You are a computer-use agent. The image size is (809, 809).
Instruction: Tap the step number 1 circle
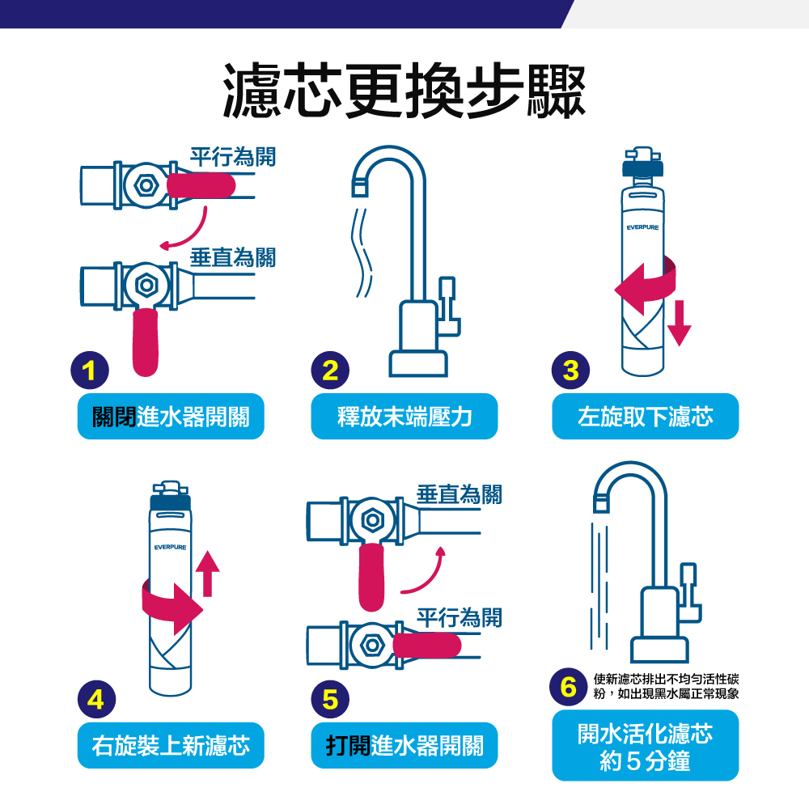point(91,371)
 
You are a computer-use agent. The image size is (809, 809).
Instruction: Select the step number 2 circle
point(330,371)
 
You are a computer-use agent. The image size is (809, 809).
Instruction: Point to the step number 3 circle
point(571,371)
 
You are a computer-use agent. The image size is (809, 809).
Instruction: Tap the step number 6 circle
point(569,688)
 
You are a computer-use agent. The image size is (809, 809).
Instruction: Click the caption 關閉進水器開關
point(171,417)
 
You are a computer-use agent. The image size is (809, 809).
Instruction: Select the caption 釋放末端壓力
point(404,417)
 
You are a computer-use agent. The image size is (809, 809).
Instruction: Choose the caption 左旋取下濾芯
point(645,417)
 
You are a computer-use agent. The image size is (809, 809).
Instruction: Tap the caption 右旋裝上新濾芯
point(171,745)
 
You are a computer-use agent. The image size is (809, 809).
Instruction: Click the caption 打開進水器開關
point(404,745)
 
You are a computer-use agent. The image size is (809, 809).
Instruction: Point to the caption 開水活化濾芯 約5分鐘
point(645,745)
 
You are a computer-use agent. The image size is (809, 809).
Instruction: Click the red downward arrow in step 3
point(680,322)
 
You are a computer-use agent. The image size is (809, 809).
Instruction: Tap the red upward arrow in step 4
point(207,574)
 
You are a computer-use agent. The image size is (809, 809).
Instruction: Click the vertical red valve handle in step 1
point(145,341)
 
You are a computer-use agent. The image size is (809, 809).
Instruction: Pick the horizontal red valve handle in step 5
point(426,646)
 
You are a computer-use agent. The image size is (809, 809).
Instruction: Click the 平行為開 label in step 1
point(232,157)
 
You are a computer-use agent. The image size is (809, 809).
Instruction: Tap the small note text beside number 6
point(666,687)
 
